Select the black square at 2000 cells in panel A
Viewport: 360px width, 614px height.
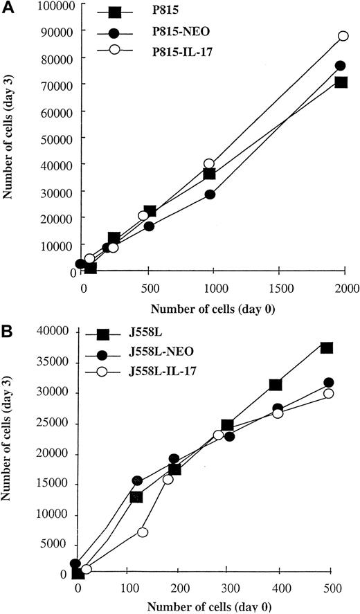[x=341, y=82]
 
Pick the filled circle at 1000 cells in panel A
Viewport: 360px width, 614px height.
[x=210, y=195]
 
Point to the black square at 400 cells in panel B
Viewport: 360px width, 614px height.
[x=276, y=384]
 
